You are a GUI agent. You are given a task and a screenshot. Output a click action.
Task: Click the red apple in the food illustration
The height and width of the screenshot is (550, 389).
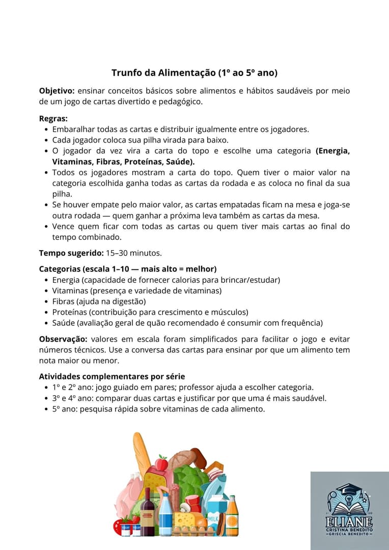coord(161,464)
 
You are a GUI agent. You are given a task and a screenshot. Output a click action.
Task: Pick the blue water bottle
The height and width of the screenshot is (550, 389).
coord(165,514)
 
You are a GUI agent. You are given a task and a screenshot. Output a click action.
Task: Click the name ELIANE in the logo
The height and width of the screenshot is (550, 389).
coord(349,522)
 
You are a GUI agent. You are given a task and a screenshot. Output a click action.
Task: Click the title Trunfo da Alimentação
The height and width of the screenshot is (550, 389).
coord(194,73)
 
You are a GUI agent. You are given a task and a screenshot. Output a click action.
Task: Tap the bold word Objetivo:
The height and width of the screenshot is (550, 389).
coord(57,91)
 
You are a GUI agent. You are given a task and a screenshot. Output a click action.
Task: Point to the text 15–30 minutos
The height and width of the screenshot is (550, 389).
coord(133,253)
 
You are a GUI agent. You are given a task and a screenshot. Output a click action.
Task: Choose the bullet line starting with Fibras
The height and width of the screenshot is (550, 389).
coord(92,301)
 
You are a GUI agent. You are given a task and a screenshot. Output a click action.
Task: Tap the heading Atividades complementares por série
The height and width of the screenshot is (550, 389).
coord(112,377)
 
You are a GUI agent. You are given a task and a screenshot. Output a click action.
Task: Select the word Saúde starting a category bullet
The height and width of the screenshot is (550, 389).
coord(63,323)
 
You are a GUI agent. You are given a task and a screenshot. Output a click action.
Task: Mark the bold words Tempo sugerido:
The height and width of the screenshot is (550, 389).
coord(71,253)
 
